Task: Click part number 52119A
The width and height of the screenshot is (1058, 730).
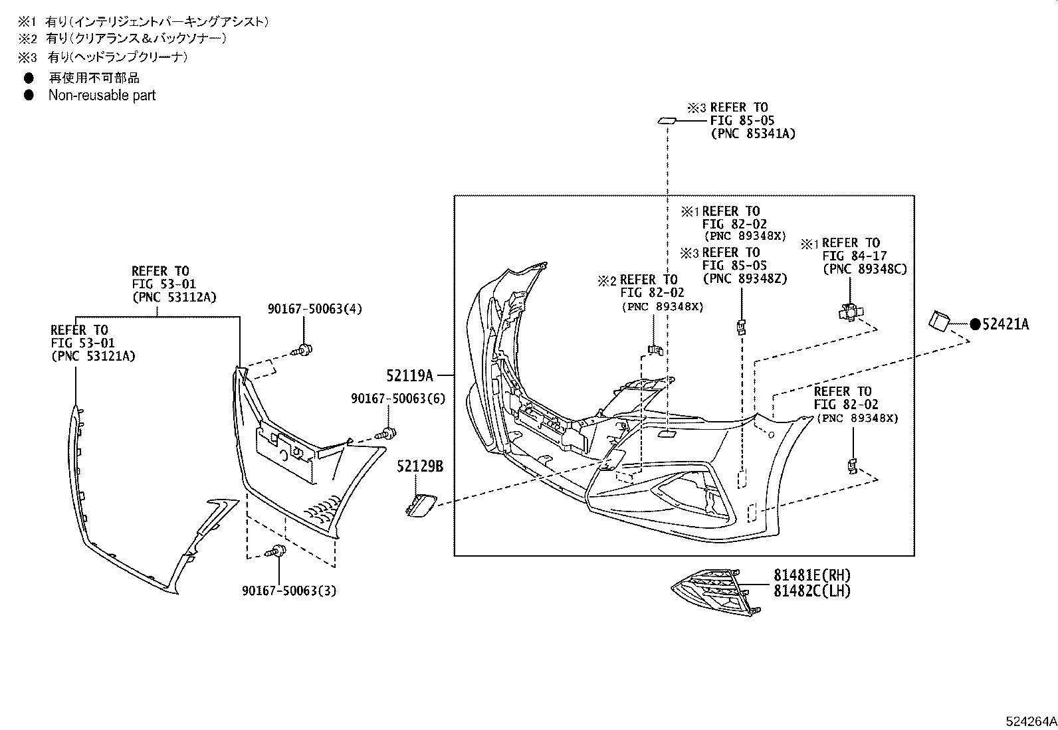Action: (x=409, y=376)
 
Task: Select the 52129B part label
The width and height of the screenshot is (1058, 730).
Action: (x=420, y=466)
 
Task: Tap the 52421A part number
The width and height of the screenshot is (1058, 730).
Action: (x=1005, y=324)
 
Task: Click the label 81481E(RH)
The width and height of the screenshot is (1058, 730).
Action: (x=811, y=575)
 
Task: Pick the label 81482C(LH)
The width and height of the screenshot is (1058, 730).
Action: (x=811, y=591)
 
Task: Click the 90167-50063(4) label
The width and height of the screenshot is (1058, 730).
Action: (x=315, y=309)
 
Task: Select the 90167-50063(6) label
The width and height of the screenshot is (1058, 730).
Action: (x=398, y=399)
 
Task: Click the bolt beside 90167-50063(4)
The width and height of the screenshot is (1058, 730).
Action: (x=304, y=349)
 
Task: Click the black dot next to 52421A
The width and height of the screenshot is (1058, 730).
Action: (x=975, y=324)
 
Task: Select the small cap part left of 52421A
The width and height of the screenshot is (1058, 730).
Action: (x=940, y=320)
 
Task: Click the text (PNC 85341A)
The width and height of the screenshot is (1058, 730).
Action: (x=752, y=134)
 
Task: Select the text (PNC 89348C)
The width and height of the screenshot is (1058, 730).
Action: (x=864, y=269)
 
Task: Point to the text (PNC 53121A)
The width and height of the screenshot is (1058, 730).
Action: (x=93, y=356)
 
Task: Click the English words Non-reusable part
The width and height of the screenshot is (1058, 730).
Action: (x=102, y=95)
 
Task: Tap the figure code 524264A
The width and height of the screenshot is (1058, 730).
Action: (x=1030, y=721)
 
